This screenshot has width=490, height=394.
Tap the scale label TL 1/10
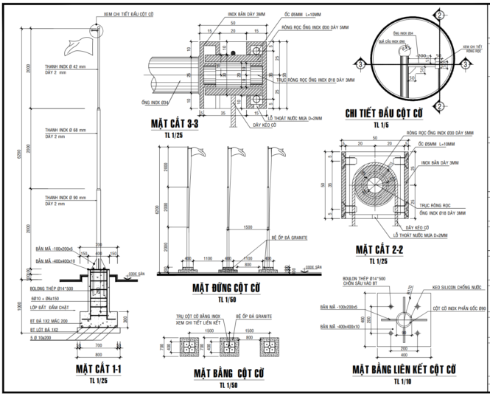coord(402,381)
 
